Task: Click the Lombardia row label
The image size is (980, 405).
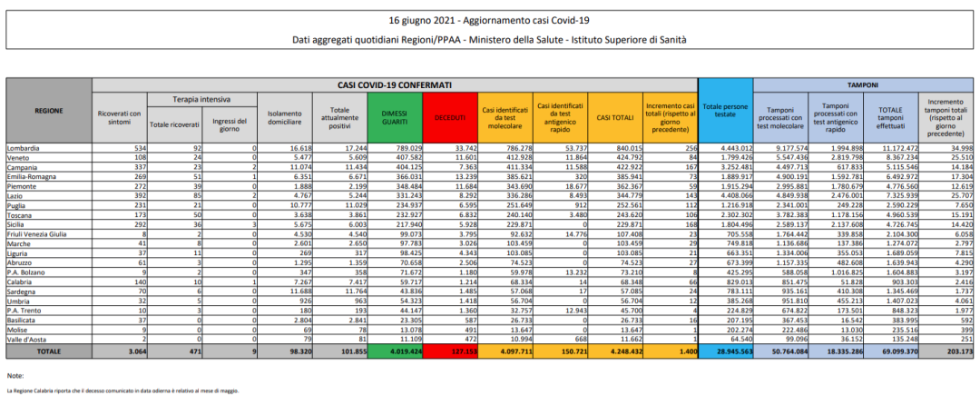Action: [24, 147]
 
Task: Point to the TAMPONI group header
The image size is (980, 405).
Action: [862, 84]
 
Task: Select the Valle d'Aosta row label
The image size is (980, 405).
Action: [26, 339]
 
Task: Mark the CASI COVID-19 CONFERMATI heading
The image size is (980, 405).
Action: [396, 84]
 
